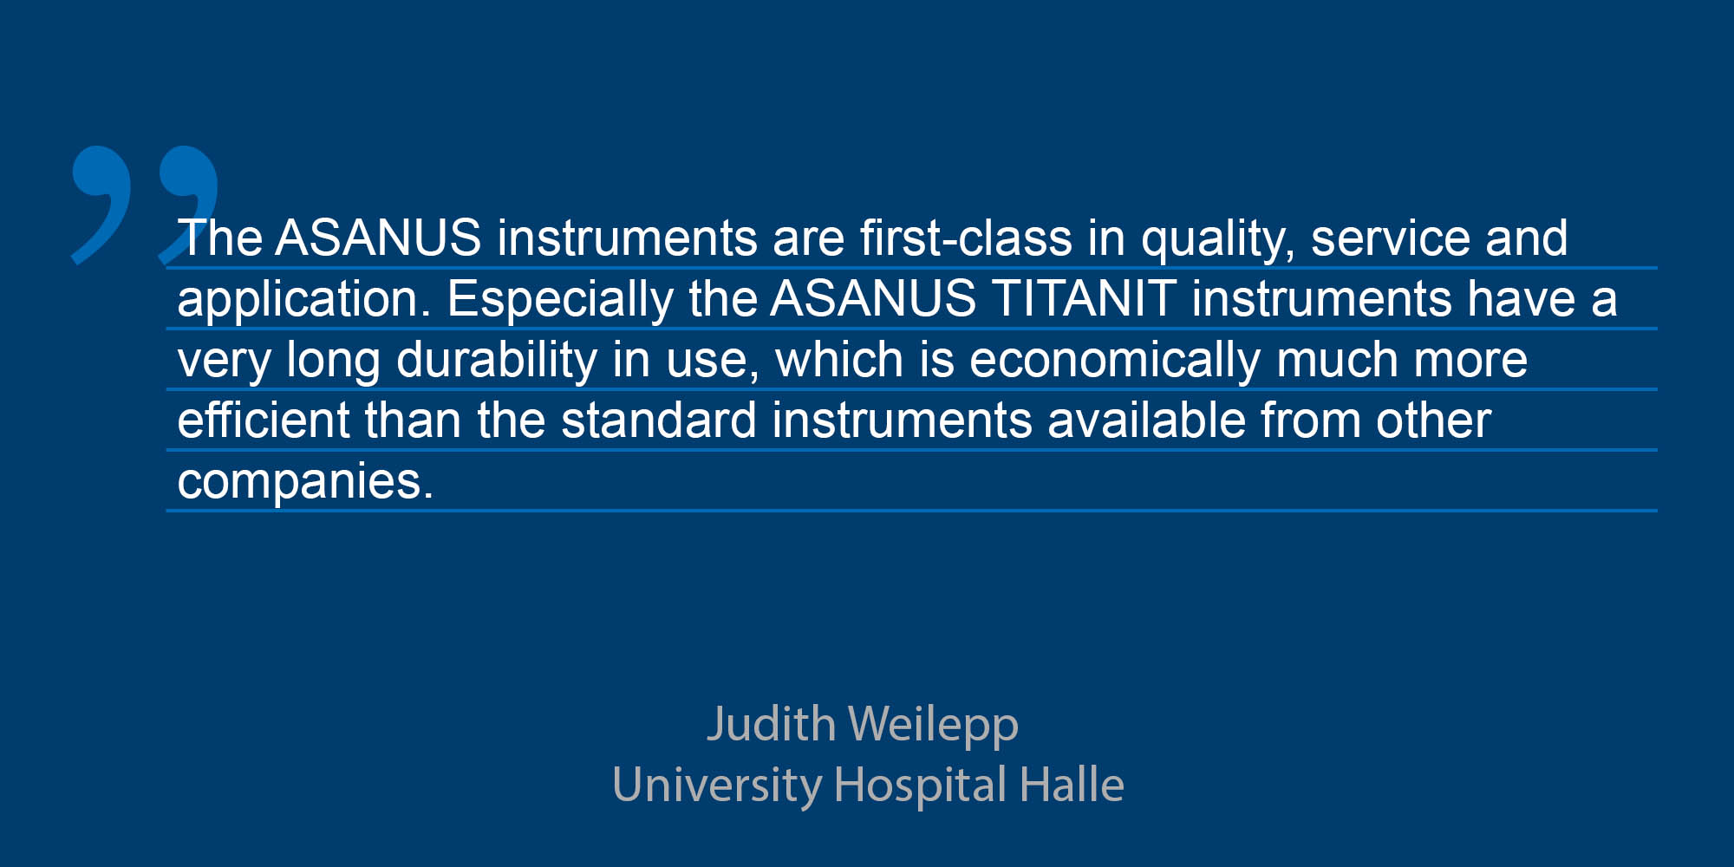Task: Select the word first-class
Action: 966,238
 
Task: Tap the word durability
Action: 497,361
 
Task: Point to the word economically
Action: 1115,361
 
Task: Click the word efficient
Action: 263,420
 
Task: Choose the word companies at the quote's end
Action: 305,482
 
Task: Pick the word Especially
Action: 560,300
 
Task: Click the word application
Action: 303,300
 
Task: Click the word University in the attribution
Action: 717,786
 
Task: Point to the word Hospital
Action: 921,786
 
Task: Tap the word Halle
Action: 1072,784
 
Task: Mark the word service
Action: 1391,238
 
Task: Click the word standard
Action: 659,420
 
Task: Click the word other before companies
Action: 1433,420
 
